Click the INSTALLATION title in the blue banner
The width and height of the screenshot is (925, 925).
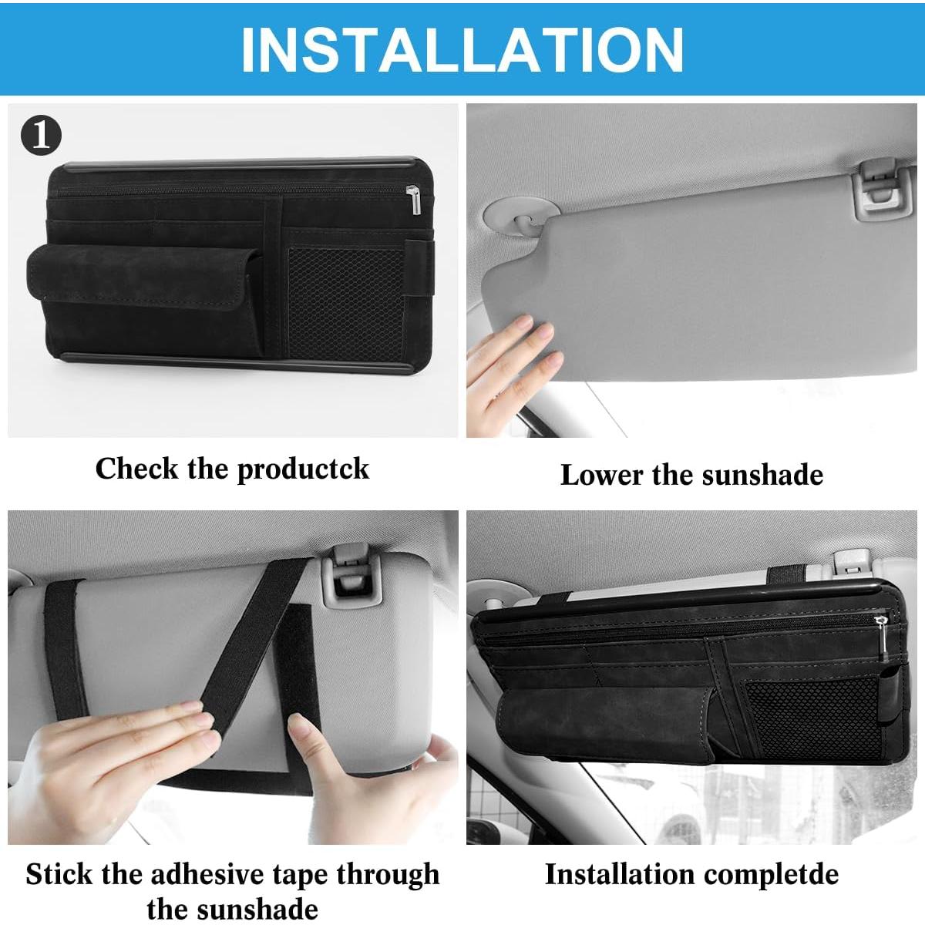click(x=462, y=49)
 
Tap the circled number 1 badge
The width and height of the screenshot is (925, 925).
click(x=41, y=136)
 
